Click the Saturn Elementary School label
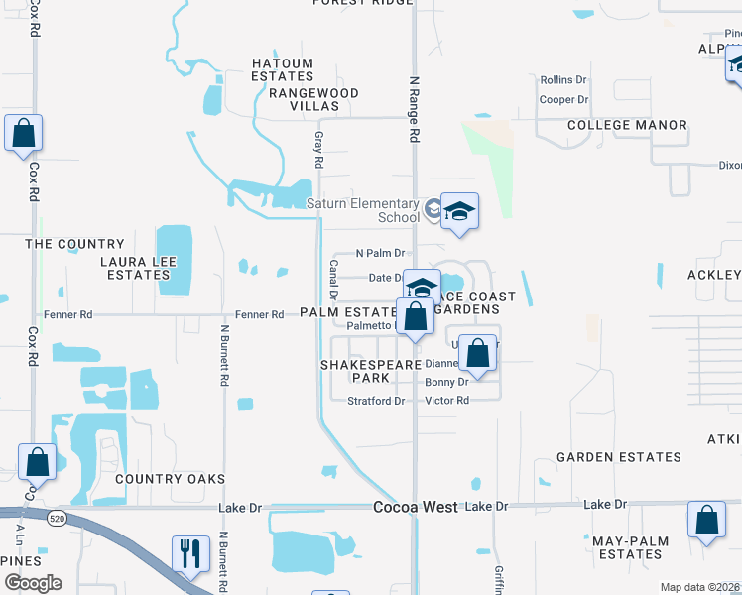pyautogui.click(x=362, y=210)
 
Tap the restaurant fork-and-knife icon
pyautogui.click(x=187, y=552)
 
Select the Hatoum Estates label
pyautogui.click(x=283, y=70)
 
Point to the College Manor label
pyautogui.click(x=627, y=125)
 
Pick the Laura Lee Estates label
pyautogui.click(x=136, y=268)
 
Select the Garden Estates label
pyautogui.click(x=618, y=457)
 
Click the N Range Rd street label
pyautogui.click(x=415, y=109)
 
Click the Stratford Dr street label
pyautogui.click(x=376, y=401)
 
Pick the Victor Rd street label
pyautogui.click(x=446, y=401)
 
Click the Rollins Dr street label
pyautogui.click(x=563, y=79)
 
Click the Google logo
pyautogui.click(x=32, y=583)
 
